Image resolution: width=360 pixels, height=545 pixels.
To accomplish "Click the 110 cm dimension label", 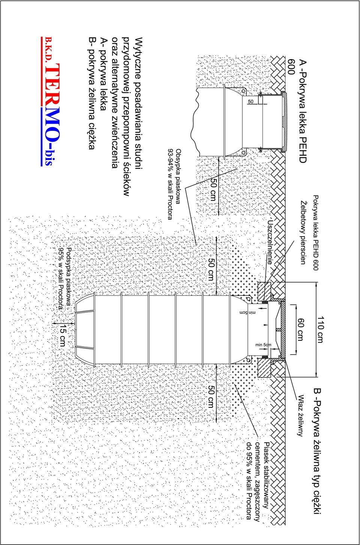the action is (321, 329).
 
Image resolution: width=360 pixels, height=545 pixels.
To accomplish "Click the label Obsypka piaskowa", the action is (178, 177).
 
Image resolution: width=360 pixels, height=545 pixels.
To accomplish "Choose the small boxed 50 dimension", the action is (251, 102).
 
